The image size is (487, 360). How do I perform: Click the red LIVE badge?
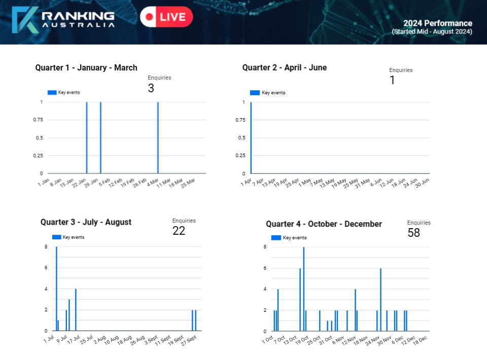[166, 17]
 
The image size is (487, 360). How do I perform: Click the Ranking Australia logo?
[63, 20]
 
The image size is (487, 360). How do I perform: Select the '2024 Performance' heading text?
[437, 23]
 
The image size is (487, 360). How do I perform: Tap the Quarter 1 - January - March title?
[86, 68]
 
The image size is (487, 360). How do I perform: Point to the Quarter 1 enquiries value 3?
[151, 89]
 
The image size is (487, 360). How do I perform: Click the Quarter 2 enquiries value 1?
[392, 81]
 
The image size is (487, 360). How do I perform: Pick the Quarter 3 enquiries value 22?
[179, 231]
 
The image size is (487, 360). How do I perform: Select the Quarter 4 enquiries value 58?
[413, 233]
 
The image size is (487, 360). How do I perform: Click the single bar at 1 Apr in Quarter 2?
[251, 138]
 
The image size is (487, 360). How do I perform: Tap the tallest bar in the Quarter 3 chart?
[56, 289]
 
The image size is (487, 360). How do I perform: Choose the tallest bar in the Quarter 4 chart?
[303, 289]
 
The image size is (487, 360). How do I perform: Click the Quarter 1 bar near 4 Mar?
[158, 138]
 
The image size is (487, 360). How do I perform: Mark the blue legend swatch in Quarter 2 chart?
[255, 93]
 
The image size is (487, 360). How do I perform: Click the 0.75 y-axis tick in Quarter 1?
[38, 120]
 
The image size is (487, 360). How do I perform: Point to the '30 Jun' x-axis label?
[422, 183]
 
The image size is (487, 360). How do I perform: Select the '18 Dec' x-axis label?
[421, 340]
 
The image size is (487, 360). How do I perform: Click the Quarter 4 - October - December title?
[324, 224]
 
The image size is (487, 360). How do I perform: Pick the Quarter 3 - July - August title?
[86, 222]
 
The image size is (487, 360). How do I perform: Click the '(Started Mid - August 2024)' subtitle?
[432, 32]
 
